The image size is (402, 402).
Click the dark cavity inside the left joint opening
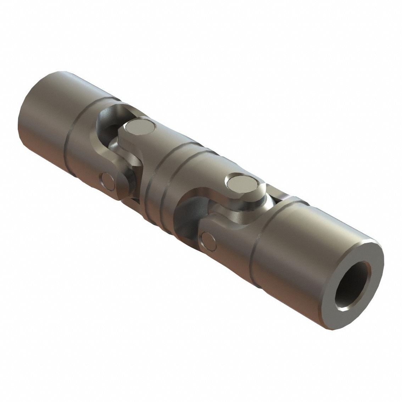pyautogui.click(x=113, y=124)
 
